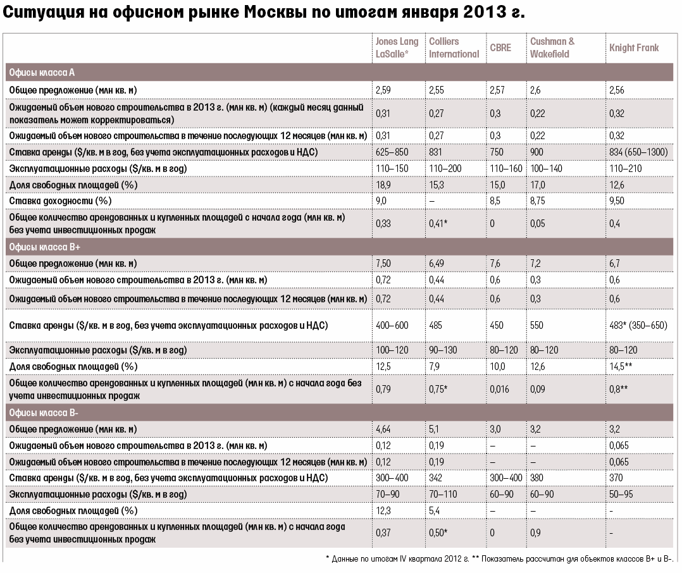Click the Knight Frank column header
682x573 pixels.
click(633, 47)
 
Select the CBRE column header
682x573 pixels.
click(500, 47)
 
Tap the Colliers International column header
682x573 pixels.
click(454, 47)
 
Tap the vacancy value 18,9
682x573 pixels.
click(383, 185)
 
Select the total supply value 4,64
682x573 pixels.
click(384, 429)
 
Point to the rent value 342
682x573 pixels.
click(437, 478)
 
